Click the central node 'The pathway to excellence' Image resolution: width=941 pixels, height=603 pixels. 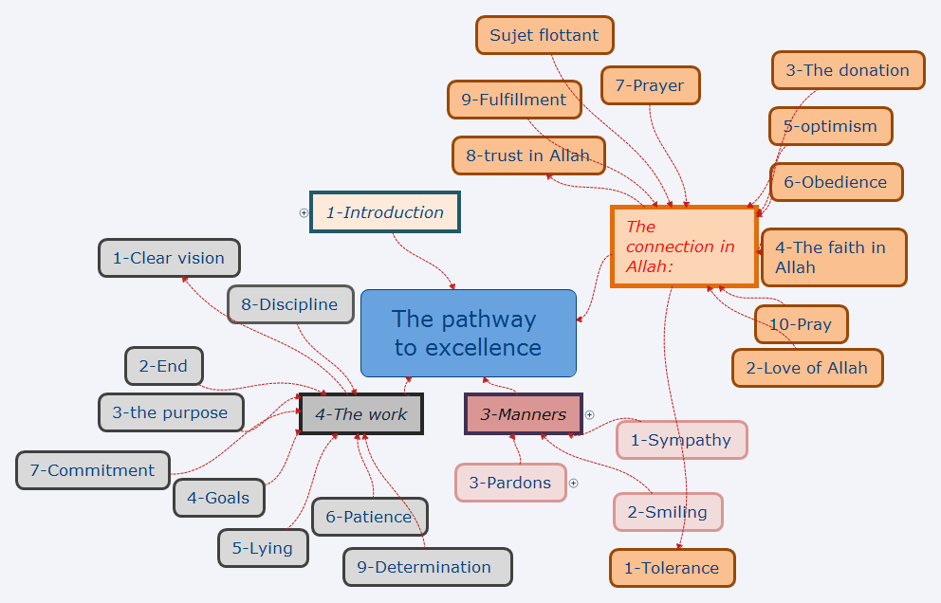pos(468,333)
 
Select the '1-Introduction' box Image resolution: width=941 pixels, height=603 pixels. pos(384,212)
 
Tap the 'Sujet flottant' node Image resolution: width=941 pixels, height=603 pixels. pos(544,35)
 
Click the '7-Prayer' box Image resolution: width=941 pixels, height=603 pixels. pos(650,85)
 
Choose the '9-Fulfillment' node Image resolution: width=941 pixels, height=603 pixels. pos(514,100)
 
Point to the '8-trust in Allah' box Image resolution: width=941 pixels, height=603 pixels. pos(528,155)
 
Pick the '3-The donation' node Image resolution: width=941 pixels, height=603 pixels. pos(847,70)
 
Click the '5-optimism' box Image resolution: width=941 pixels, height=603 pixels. pos(830,126)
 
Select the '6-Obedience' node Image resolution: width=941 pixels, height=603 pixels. pos(836,182)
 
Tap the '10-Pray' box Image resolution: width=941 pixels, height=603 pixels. pos(801,324)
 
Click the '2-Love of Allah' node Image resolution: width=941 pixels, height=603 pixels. pos(807,368)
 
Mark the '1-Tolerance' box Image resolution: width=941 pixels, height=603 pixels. pos(672,568)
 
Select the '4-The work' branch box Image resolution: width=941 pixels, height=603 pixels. pos(361,413)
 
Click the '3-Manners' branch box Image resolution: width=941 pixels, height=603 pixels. pos(523,413)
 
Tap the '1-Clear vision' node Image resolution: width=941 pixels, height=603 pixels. pos(169,258)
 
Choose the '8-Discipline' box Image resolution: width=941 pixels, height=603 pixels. pos(289,304)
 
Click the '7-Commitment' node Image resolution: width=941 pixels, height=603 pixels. pos(92,470)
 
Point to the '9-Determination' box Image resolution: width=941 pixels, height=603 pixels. pos(427,567)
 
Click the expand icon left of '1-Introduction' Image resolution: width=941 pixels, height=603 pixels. pos(304,212)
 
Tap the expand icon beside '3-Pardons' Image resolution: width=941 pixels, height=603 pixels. pos(573,483)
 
